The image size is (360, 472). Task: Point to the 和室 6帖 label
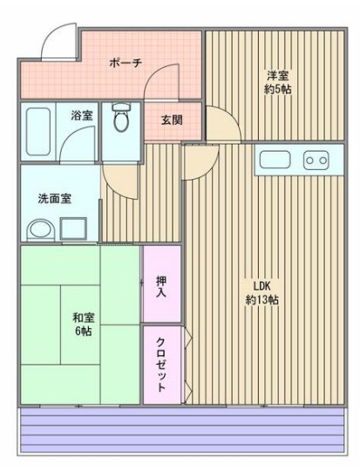pos(85,325)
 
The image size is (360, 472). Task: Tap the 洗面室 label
pos(55,198)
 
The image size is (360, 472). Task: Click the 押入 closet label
pos(162,286)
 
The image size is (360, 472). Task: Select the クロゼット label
pos(163,364)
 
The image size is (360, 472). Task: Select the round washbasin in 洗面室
pos(39,230)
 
